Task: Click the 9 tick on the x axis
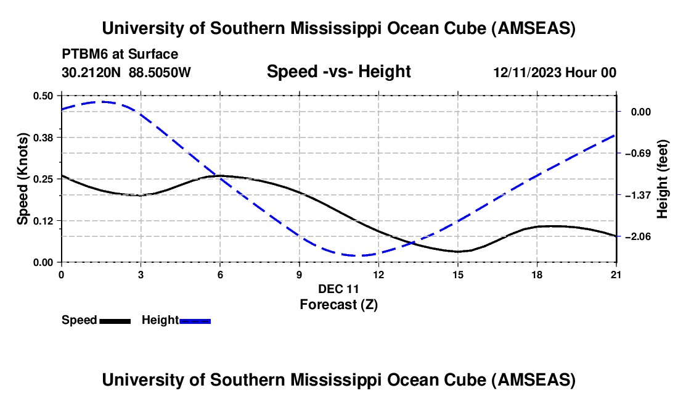pos(299,274)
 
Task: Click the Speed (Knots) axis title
pos(22,178)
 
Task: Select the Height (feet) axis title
pos(663,178)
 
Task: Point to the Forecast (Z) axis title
pos(338,304)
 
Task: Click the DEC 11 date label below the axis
pos(338,289)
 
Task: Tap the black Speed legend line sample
pos(115,321)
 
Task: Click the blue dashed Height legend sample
pos(195,321)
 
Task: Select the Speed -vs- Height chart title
pos(338,72)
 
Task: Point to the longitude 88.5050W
pos(160,72)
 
